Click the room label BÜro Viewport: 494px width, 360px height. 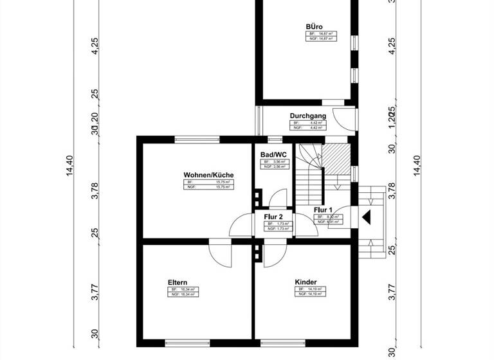[x=314, y=26]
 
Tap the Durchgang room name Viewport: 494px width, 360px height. [x=307, y=116]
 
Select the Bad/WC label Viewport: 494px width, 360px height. [x=273, y=155]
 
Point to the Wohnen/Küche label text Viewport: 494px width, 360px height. [x=208, y=175]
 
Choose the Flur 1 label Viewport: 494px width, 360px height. [x=323, y=210]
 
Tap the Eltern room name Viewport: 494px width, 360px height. [x=178, y=282]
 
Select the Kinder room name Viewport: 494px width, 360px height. [x=306, y=282]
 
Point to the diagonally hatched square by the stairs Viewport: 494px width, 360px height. [x=335, y=156]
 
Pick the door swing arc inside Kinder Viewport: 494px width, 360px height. [x=271, y=255]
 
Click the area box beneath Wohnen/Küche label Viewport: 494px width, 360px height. [x=208, y=184]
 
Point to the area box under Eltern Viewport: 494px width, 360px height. [x=181, y=292]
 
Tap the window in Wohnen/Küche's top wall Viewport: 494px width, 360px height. [x=197, y=139]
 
